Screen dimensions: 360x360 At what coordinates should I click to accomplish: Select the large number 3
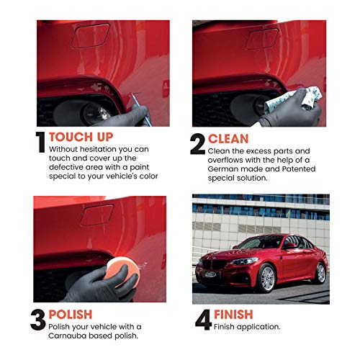pos(39,319)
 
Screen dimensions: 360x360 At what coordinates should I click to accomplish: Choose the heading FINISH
pos(235,314)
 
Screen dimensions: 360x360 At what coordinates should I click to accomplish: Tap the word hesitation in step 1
pos(96,149)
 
